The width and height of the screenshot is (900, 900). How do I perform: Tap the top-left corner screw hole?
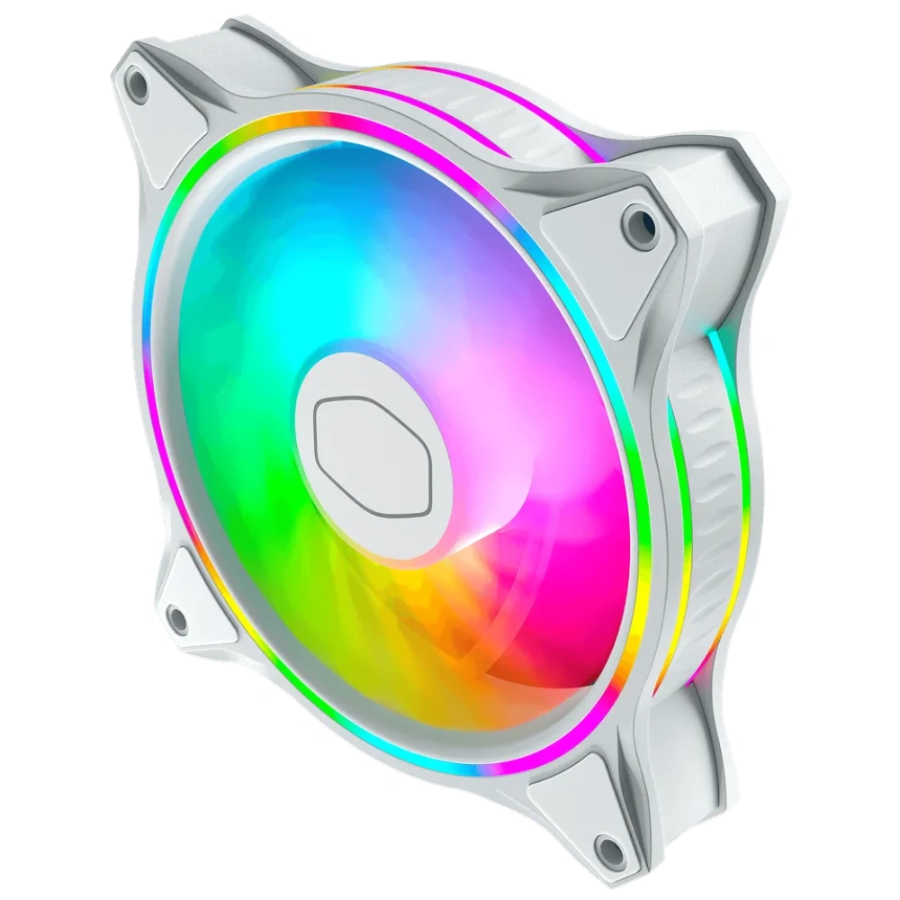137,84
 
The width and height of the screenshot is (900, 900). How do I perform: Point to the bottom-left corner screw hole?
176,618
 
